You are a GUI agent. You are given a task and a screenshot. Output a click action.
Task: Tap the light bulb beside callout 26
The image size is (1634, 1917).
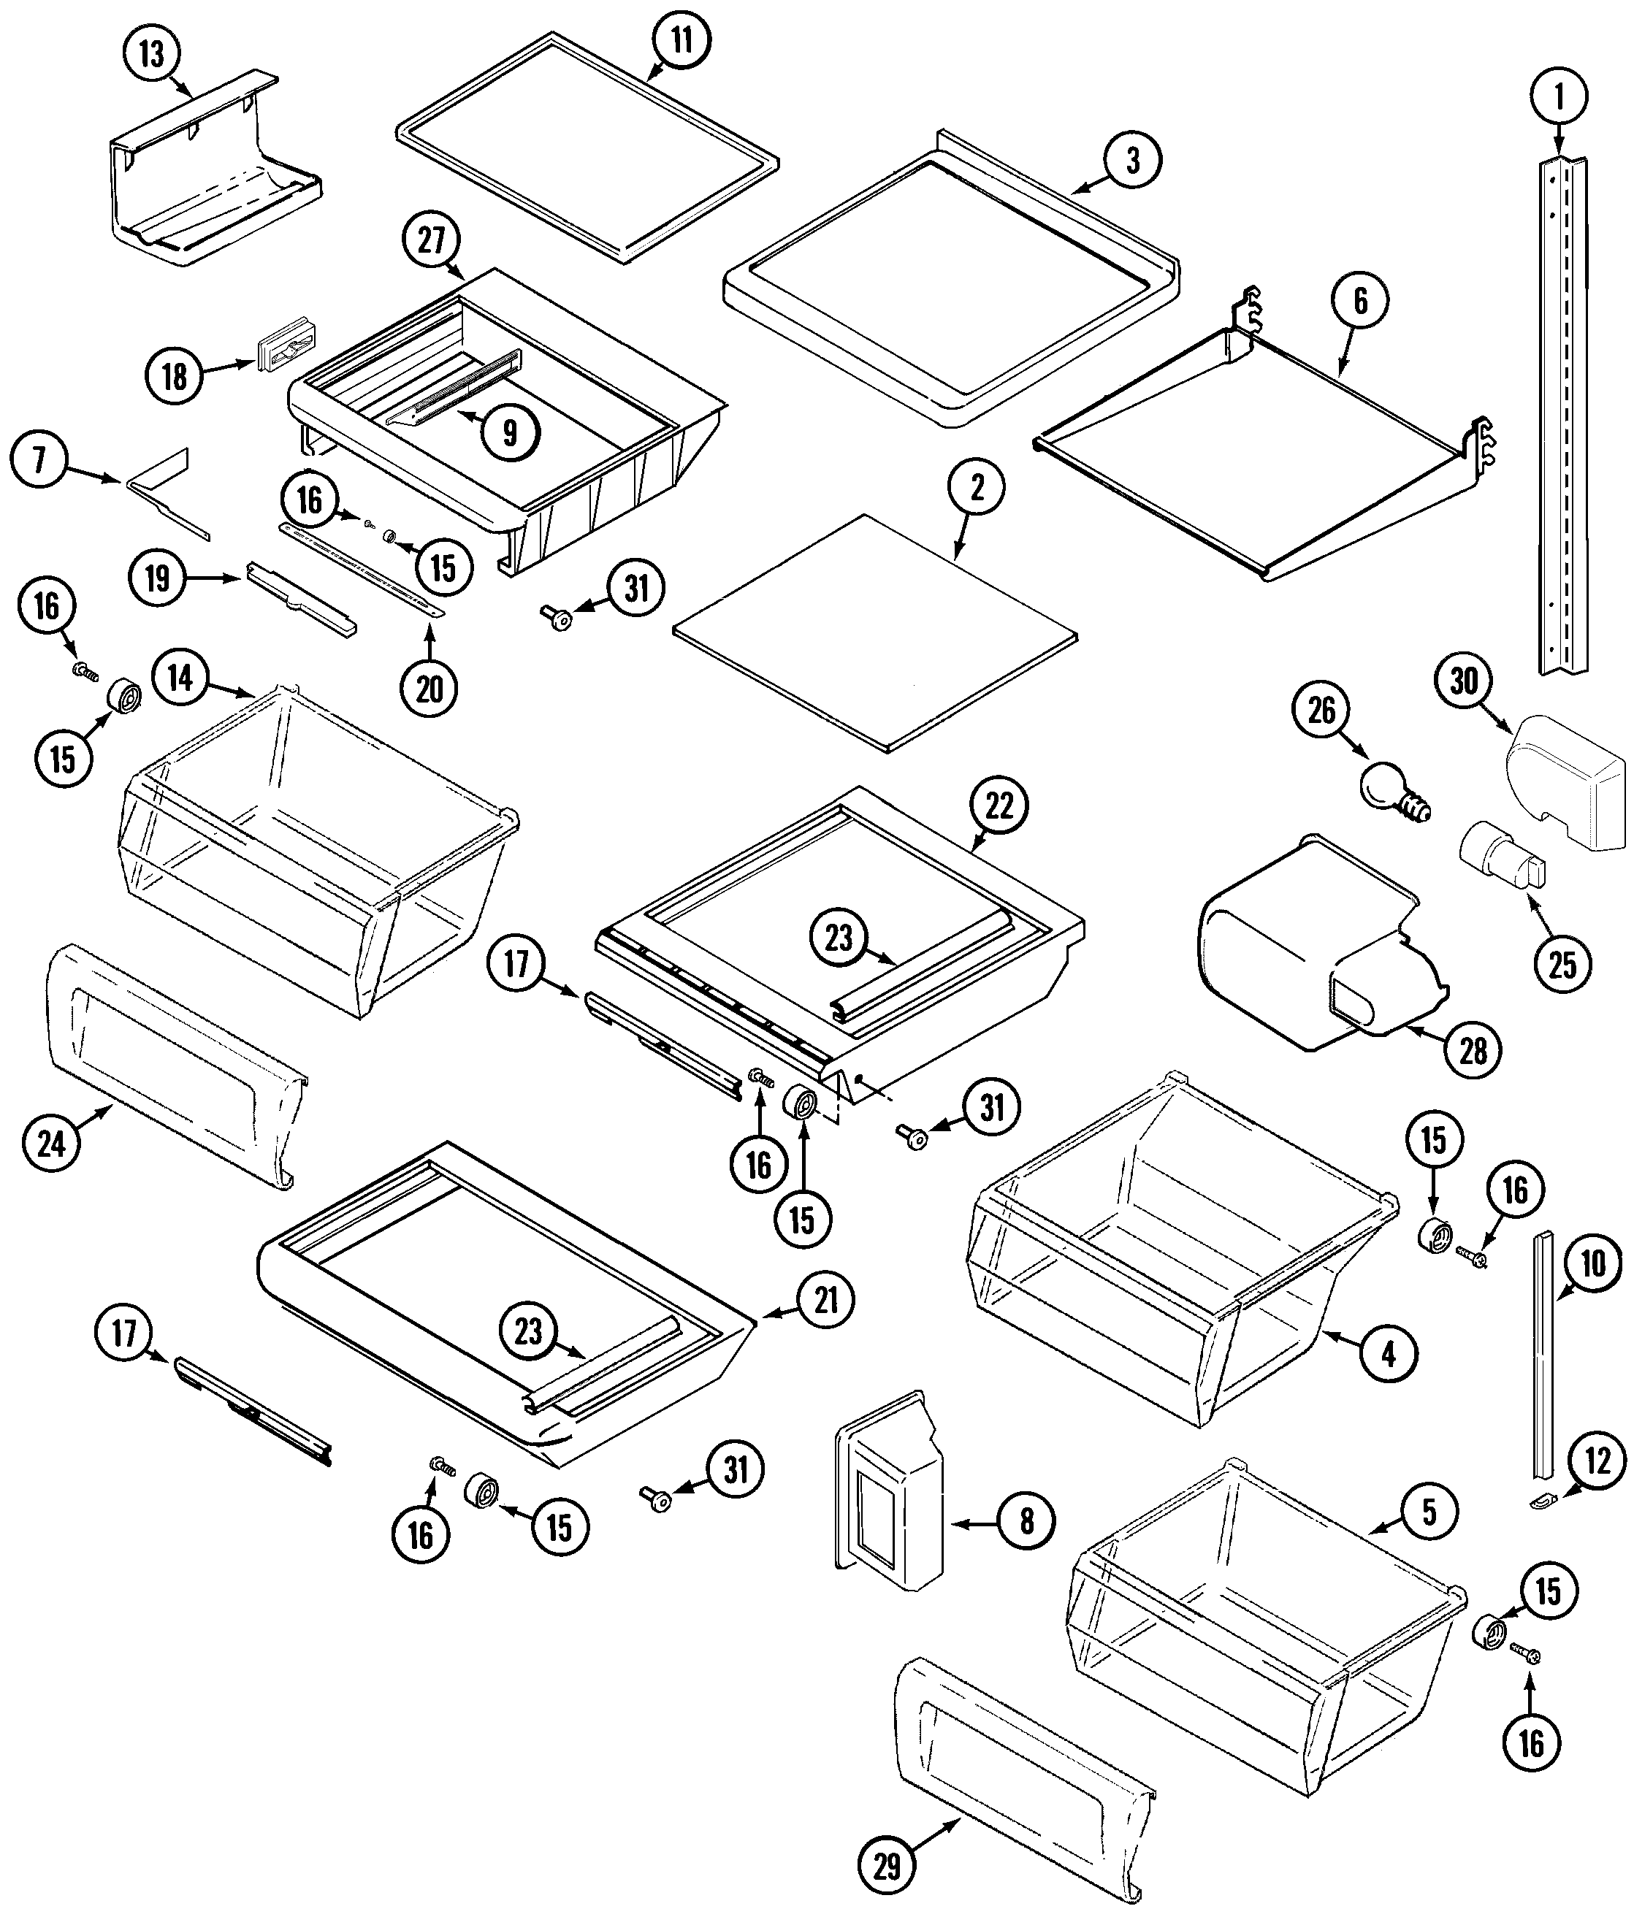click(x=1387, y=788)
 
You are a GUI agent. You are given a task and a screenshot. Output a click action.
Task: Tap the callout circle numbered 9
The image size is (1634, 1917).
click(x=510, y=431)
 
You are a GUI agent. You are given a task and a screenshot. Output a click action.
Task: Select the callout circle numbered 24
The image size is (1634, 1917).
click(x=52, y=1144)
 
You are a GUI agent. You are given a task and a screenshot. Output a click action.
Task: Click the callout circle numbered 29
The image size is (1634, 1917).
click(x=887, y=1867)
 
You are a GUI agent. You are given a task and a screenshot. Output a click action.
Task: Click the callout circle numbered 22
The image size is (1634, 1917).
click(x=999, y=806)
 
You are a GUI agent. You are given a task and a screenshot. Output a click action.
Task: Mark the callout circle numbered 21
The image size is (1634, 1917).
click(x=825, y=1299)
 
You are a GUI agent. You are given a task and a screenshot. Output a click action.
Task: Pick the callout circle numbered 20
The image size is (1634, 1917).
click(x=430, y=689)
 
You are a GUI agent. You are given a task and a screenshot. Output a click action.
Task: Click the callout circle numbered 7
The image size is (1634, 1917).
click(x=39, y=460)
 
